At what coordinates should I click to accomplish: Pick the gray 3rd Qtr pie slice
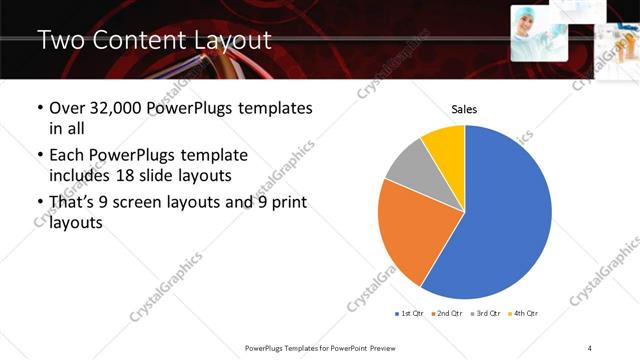click(x=410, y=170)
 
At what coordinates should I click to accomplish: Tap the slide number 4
click(x=591, y=346)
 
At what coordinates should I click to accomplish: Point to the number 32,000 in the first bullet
click(x=128, y=108)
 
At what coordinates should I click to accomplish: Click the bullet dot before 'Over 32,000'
click(x=39, y=108)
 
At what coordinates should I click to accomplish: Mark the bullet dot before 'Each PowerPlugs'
click(x=39, y=156)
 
